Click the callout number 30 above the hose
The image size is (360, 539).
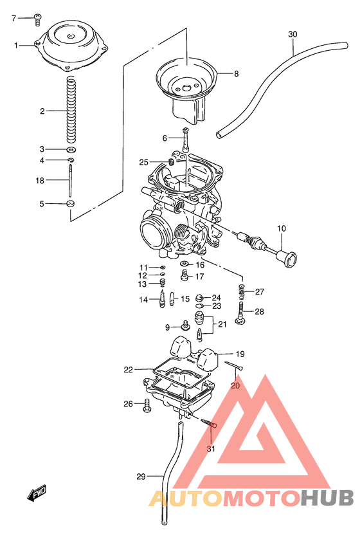click(x=292, y=33)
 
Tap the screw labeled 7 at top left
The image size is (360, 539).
click(x=37, y=18)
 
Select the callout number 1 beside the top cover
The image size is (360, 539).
click(x=17, y=45)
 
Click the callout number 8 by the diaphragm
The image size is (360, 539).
click(x=236, y=74)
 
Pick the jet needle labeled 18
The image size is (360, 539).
click(x=69, y=180)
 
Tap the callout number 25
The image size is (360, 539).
click(x=143, y=162)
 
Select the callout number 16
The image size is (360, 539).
click(x=199, y=264)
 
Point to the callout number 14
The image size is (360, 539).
click(x=143, y=300)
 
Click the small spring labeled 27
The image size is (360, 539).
click(x=243, y=293)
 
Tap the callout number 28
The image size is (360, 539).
click(x=259, y=312)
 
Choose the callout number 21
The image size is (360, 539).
click(x=222, y=324)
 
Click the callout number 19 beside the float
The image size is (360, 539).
click(x=240, y=354)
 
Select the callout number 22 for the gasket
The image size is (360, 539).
click(x=129, y=370)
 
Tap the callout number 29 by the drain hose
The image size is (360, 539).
click(x=141, y=477)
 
